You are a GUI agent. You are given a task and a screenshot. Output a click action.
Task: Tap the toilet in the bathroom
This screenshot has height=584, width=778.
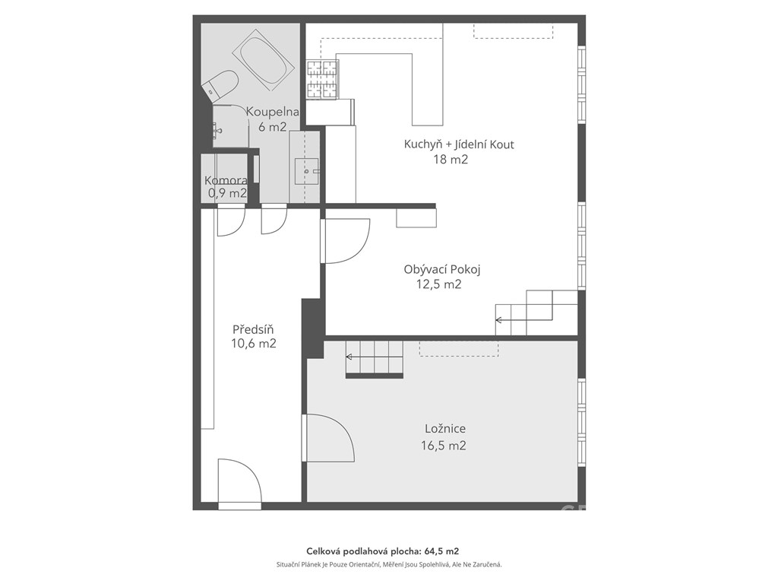[220, 87]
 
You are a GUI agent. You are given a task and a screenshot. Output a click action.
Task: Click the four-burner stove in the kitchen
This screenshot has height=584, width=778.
[322, 78]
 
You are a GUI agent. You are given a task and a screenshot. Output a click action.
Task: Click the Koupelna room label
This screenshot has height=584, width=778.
[273, 112]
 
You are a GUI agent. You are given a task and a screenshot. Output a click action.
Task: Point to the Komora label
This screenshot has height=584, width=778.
[226, 181]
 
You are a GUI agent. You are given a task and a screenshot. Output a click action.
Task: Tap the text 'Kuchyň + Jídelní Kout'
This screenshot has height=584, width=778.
[459, 144]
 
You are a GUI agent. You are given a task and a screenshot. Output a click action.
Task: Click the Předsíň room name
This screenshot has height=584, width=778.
[253, 329]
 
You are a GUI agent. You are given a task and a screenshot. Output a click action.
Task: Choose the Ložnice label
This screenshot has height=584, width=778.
[445, 429]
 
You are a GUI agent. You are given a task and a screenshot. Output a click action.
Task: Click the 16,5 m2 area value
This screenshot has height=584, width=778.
[444, 446]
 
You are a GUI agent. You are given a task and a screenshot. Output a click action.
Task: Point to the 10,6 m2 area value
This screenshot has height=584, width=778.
[254, 343]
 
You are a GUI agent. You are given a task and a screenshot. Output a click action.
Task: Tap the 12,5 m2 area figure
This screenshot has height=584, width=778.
[439, 284]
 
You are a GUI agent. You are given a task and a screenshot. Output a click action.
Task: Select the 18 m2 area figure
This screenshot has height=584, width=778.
[451, 160]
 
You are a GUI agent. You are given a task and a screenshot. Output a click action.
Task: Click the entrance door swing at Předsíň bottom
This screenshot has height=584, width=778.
[239, 481]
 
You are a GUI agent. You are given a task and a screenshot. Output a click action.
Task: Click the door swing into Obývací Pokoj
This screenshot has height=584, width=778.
[346, 241]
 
